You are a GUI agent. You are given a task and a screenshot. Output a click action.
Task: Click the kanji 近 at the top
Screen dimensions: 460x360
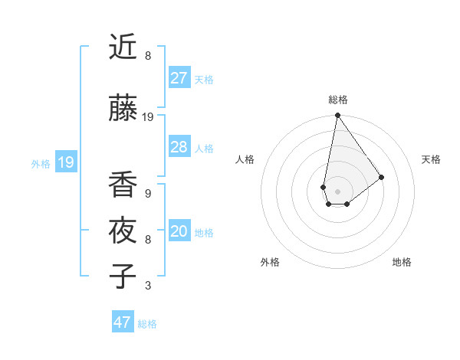[x=123, y=48]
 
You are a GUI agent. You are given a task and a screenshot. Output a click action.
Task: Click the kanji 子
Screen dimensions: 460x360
[x=123, y=277]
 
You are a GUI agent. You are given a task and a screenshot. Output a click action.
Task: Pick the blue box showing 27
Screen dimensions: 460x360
[x=179, y=78]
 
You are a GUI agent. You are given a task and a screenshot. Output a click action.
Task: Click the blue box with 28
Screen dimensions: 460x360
[x=179, y=147]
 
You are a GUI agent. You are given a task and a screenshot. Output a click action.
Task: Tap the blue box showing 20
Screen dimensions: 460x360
[x=179, y=231]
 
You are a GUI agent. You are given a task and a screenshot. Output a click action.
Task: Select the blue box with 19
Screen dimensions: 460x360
[x=66, y=162]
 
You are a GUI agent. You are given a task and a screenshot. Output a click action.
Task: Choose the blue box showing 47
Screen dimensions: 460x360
[x=123, y=322]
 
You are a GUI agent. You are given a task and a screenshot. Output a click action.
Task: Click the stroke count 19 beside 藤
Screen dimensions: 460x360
[x=148, y=117]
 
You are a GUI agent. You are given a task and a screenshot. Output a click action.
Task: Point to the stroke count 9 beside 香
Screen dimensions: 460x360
[x=148, y=194]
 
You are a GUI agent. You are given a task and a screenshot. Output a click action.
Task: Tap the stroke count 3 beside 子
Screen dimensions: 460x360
[x=148, y=286]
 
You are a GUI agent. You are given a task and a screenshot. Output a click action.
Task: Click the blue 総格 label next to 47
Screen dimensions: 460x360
[x=147, y=324]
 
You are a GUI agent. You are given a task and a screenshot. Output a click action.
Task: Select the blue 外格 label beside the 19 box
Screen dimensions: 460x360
[x=41, y=163]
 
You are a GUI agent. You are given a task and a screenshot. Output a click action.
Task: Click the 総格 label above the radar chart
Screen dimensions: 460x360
[x=337, y=100]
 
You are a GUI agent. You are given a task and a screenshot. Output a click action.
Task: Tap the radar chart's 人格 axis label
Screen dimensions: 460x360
[x=245, y=159]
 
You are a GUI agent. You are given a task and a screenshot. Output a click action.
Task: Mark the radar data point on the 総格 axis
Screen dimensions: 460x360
[x=337, y=116]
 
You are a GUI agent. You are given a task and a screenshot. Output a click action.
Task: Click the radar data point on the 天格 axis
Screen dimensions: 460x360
[x=381, y=177]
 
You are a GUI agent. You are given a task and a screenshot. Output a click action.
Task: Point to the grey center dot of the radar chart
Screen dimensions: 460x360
[x=337, y=190]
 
